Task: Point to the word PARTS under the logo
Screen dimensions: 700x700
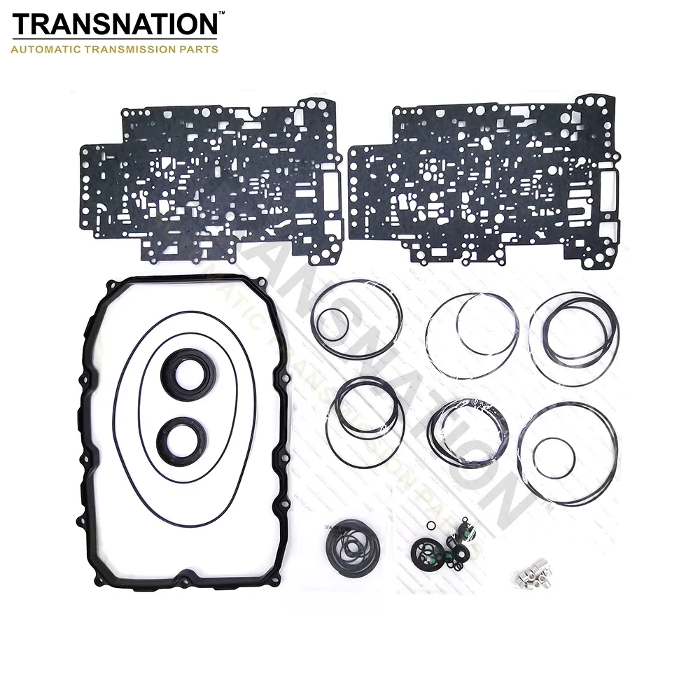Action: click(x=202, y=50)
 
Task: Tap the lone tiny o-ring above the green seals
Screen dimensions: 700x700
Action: click(x=429, y=526)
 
